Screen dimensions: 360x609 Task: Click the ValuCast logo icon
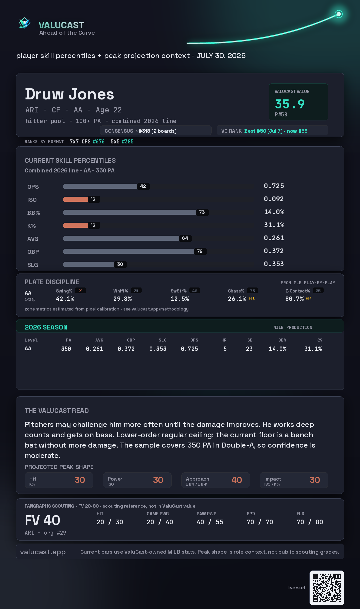tap(24, 23)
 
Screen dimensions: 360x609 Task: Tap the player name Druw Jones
tap(69, 94)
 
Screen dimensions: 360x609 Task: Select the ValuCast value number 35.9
tap(290, 104)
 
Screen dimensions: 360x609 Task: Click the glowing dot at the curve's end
tap(339, 14)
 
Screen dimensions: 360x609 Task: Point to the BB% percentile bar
tap(130, 212)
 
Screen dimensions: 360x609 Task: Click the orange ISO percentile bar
tap(75, 199)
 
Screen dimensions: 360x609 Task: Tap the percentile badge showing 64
tap(185, 238)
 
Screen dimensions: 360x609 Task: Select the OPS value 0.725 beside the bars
tap(274, 186)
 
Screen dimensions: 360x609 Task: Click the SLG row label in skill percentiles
tap(33, 265)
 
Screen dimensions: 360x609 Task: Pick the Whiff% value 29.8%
tap(122, 299)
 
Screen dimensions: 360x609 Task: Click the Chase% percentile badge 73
tap(252, 291)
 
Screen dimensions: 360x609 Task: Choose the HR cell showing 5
tap(225, 349)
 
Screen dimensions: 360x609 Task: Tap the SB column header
tap(250, 340)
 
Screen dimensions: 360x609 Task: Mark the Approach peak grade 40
tap(237, 480)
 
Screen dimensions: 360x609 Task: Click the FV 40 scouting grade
tap(42, 520)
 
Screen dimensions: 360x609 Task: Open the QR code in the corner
tap(327, 588)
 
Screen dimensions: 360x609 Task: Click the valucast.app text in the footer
tap(43, 552)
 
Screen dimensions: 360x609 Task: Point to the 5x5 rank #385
tap(128, 141)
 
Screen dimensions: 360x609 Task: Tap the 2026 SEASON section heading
tap(46, 327)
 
